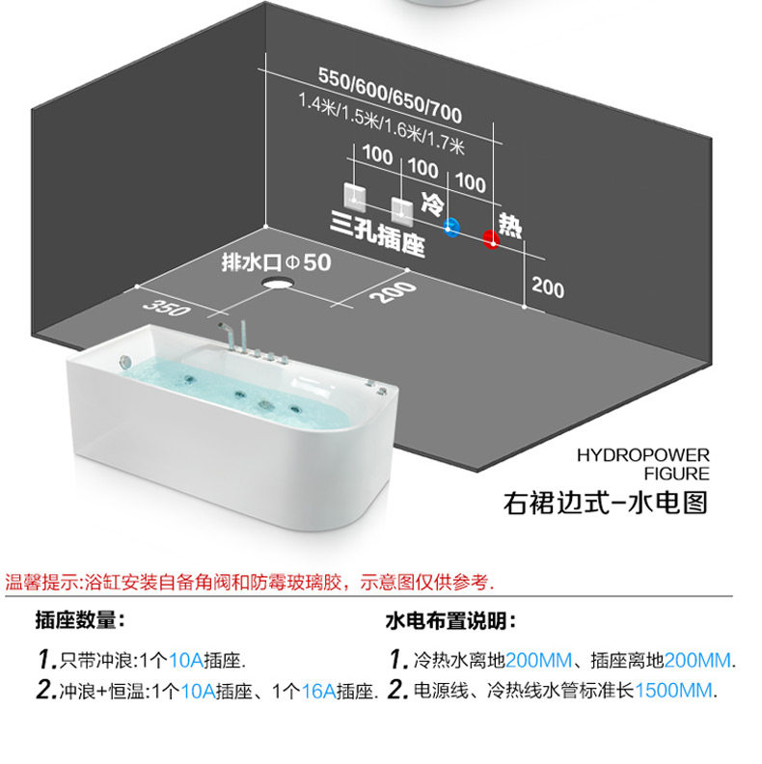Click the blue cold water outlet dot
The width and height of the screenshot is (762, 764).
tap(451, 227)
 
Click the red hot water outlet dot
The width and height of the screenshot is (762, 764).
tap(491, 238)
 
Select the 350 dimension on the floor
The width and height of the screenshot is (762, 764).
tap(166, 308)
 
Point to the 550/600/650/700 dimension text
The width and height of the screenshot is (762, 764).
tap(390, 95)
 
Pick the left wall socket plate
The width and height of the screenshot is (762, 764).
tap(354, 197)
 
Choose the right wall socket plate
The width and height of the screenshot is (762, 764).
tap(402, 211)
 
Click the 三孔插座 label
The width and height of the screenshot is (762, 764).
tap(377, 233)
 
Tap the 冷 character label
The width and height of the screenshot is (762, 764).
tap(433, 203)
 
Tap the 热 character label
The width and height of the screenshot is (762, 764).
tap(510, 226)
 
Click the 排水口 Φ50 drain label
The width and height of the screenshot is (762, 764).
tap(276, 262)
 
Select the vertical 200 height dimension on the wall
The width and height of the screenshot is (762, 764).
tap(548, 287)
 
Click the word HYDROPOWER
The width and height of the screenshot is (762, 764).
tap(643, 455)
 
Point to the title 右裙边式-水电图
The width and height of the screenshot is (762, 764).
tap(605, 503)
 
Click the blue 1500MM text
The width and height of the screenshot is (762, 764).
tap(674, 690)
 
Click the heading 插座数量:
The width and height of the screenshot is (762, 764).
tap(80, 620)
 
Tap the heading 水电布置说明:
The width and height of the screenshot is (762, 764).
tap(450, 621)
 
